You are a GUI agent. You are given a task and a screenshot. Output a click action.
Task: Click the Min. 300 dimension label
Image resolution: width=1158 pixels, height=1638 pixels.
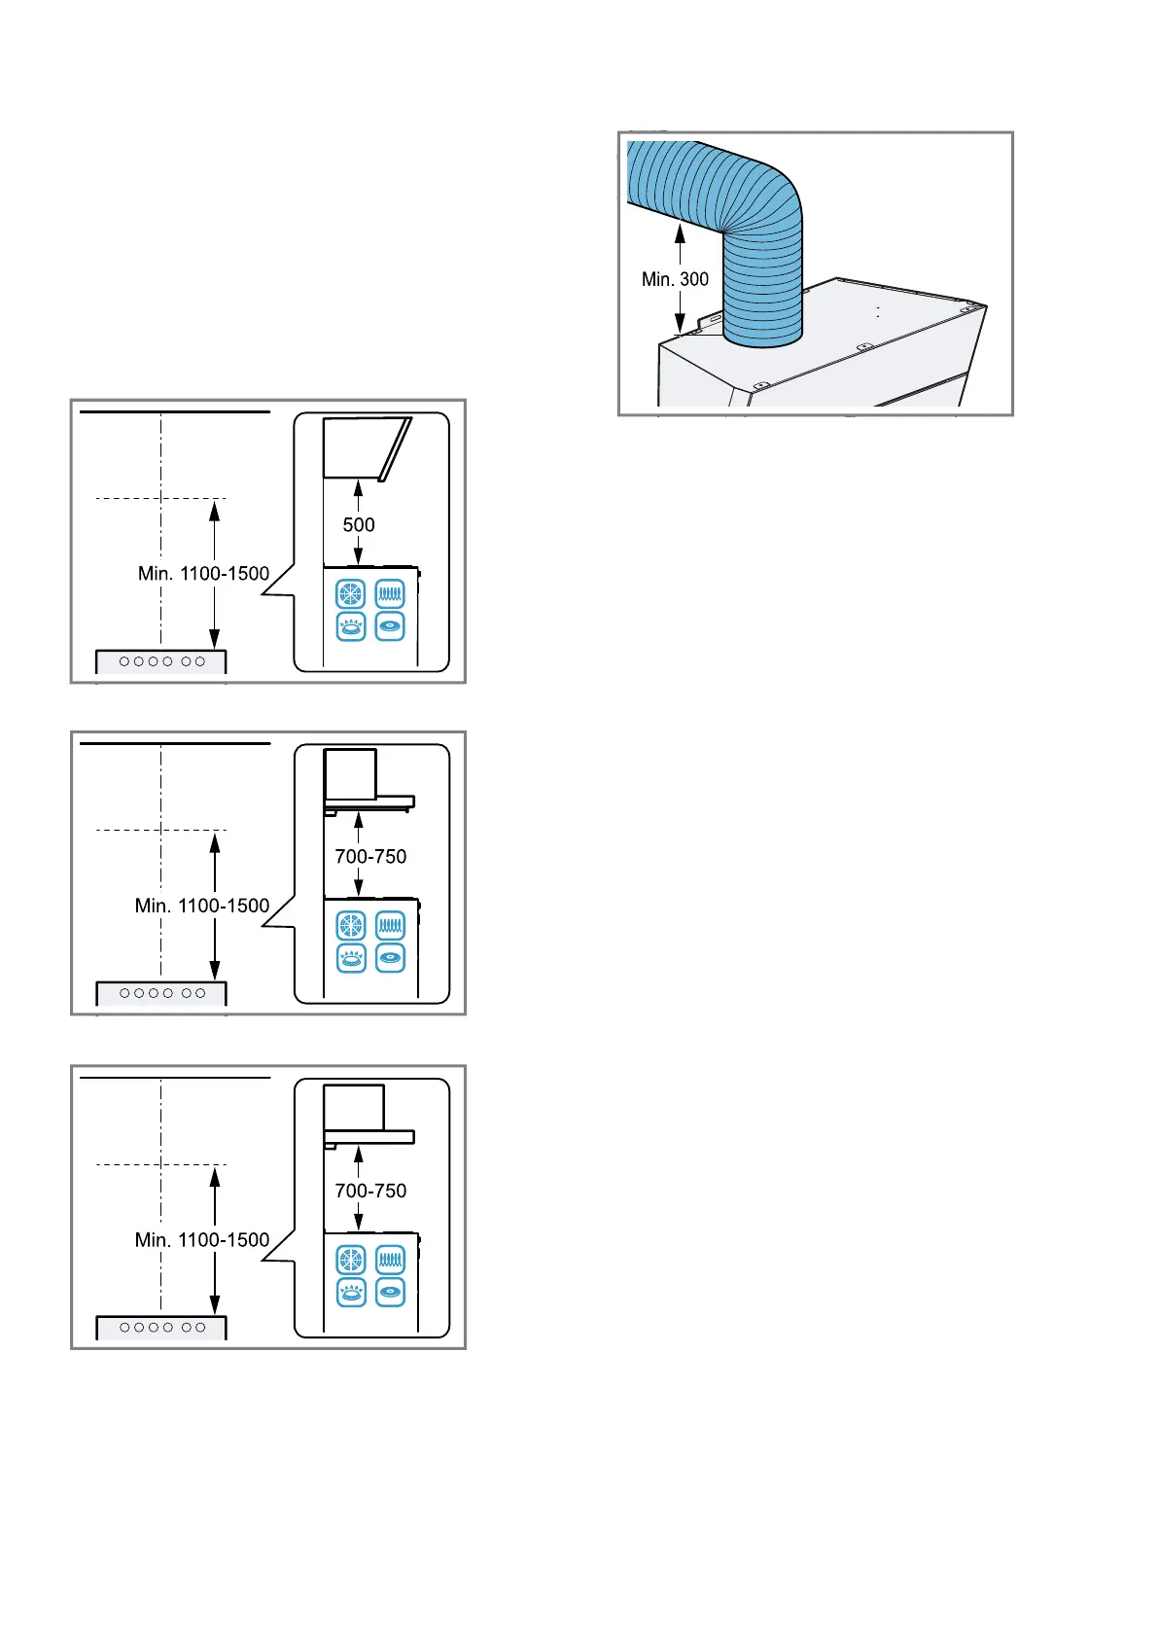[x=675, y=279]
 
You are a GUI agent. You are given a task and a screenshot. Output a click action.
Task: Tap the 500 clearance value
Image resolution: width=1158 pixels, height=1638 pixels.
[x=359, y=525]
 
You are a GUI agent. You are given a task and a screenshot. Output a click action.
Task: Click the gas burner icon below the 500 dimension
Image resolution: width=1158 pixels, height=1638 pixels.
[x=351, y=626]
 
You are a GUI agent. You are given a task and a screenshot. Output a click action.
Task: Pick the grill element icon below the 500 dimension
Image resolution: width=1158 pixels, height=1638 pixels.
[x=390, y=593]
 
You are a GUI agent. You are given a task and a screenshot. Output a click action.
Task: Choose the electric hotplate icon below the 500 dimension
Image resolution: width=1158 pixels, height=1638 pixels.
[x=390, y=626]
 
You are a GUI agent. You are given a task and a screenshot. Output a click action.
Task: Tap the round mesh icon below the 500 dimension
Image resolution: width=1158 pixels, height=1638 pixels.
[x=351, y=593]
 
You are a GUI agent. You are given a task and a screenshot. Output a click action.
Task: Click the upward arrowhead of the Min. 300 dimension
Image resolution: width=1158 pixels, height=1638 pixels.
[x=680, y=231]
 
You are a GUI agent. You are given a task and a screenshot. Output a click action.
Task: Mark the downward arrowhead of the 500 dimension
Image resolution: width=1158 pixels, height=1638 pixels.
[x=359, y=557]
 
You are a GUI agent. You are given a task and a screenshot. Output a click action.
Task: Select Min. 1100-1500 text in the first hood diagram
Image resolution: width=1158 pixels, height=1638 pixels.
[x=203, y=574]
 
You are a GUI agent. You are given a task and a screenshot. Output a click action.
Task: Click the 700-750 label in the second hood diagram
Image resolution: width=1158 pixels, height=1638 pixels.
[x=370, y=857]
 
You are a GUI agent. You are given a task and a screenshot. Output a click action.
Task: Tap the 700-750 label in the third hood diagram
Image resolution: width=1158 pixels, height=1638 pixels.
[x=370, y=1191]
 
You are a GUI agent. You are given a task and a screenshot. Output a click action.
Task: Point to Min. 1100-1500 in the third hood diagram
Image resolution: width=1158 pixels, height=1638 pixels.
[x=202, y=1240]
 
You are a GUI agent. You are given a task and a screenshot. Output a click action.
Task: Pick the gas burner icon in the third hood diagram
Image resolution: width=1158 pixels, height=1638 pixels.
[x=351, y=1293]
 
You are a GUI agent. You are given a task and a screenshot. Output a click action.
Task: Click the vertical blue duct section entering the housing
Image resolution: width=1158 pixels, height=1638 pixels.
[x=763, y=292]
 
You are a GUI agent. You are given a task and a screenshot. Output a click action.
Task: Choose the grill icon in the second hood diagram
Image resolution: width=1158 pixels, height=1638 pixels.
[x=390, y=924]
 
